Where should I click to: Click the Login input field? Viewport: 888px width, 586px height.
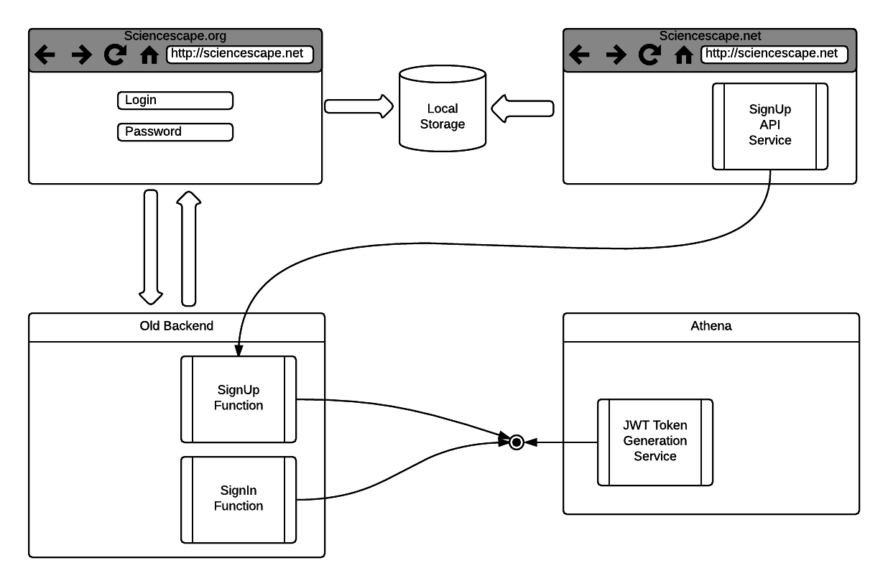pyautogui.click(x=175, y=101)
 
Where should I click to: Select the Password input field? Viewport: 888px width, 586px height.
pyautogui.click(x=175, y=132)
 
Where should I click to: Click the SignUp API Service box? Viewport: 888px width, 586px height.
pyautogui.click(x=769, y=126)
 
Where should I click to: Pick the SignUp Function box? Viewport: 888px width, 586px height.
pyautogui.click(x=238, y=399)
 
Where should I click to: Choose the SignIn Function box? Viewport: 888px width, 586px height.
pyautogui.click(x=238, y=499)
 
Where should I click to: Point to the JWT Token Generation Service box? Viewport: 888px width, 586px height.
pyautogui.click(x=655, y=442)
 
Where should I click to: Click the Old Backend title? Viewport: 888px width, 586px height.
pyautogui.click(x=176, y=326)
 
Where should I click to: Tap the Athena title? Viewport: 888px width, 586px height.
pyautogui.click(x=711, y=326)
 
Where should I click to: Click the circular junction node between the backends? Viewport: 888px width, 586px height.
pyautogui.click(x=516, y=442)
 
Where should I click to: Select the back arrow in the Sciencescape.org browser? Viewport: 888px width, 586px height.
pyautogui.click(x=45, y=55)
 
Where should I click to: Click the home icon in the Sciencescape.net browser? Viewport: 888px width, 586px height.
pyautogui.click(x=683, y=55)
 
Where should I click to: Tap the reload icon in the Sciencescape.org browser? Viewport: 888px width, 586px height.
pyautogui.click(x=114, y=55)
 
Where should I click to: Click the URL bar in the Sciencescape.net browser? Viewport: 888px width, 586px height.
pyautogui.click(x=774, y=54)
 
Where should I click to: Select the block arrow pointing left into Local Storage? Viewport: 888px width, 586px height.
pyautogui.click(x=522, y=108)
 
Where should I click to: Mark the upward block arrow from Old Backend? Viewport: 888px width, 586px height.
pyautogui.click(x=188, y=247)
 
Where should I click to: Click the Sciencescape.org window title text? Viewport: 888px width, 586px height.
pyautogui.click(x=175, y=36)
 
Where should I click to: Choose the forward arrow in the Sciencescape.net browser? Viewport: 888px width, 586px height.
pyautogui.click(x=616, y=55)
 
